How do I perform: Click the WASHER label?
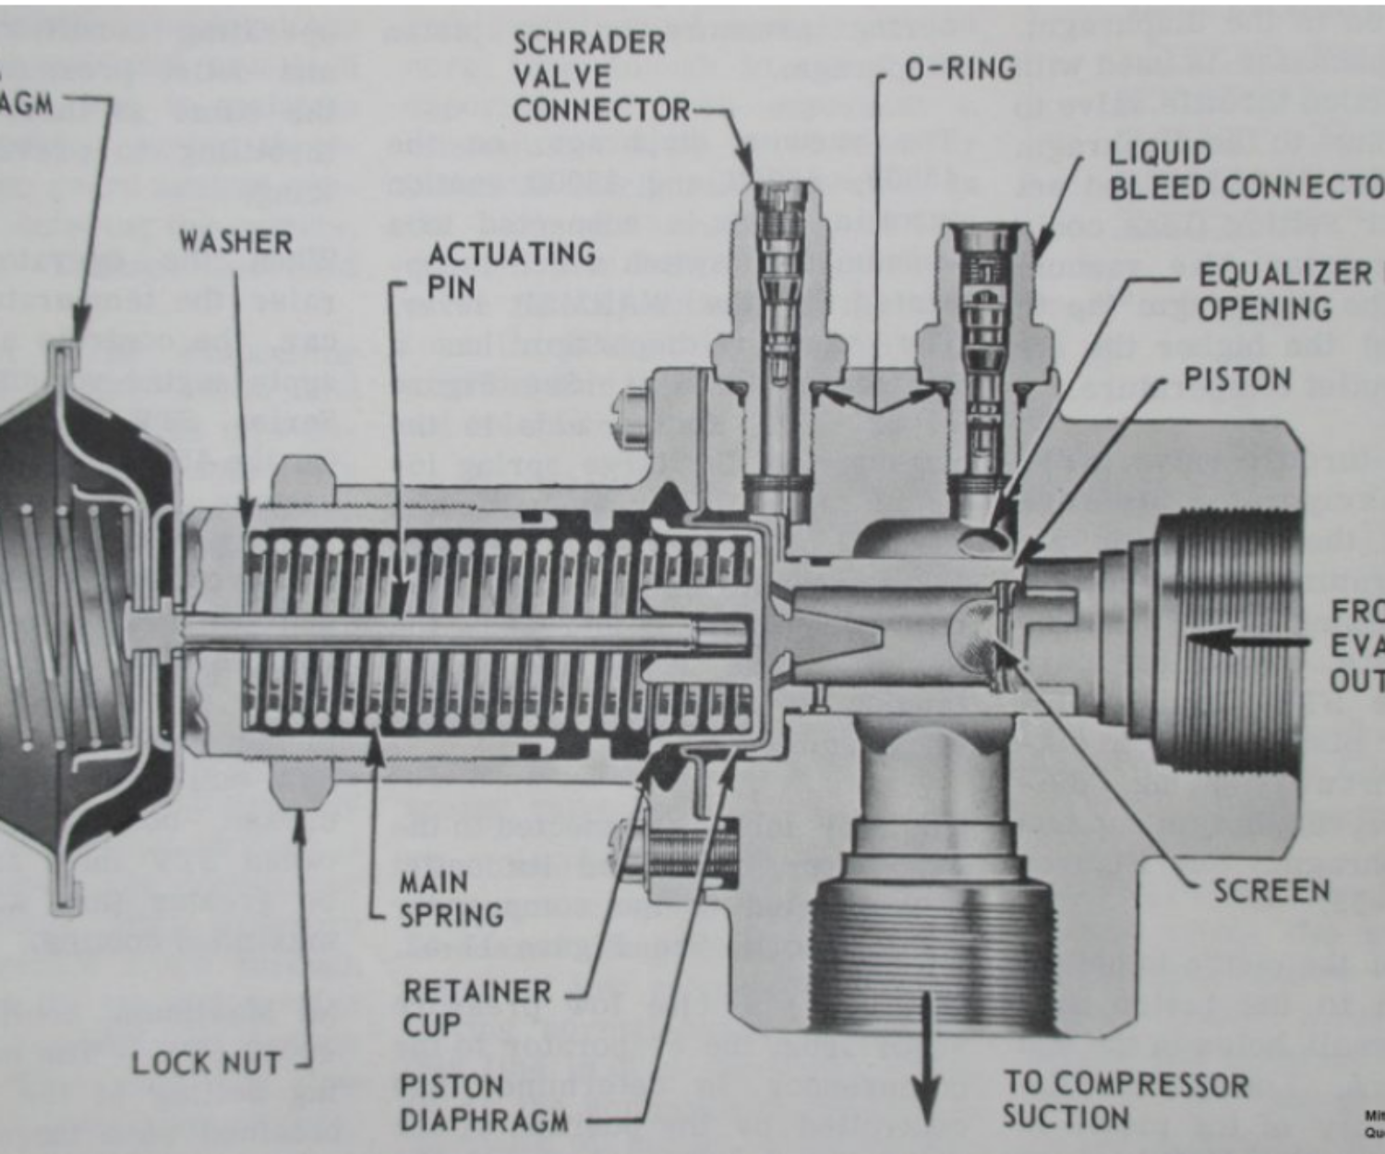235,242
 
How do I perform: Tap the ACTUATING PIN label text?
511,270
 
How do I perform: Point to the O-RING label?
960,68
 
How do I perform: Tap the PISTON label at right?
1237,379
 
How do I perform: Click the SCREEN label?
1271,891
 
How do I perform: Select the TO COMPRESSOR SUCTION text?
1125,1100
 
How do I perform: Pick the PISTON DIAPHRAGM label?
484,1102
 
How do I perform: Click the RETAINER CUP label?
476,1008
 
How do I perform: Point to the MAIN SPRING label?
451,898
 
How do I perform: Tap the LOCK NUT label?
206,1063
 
